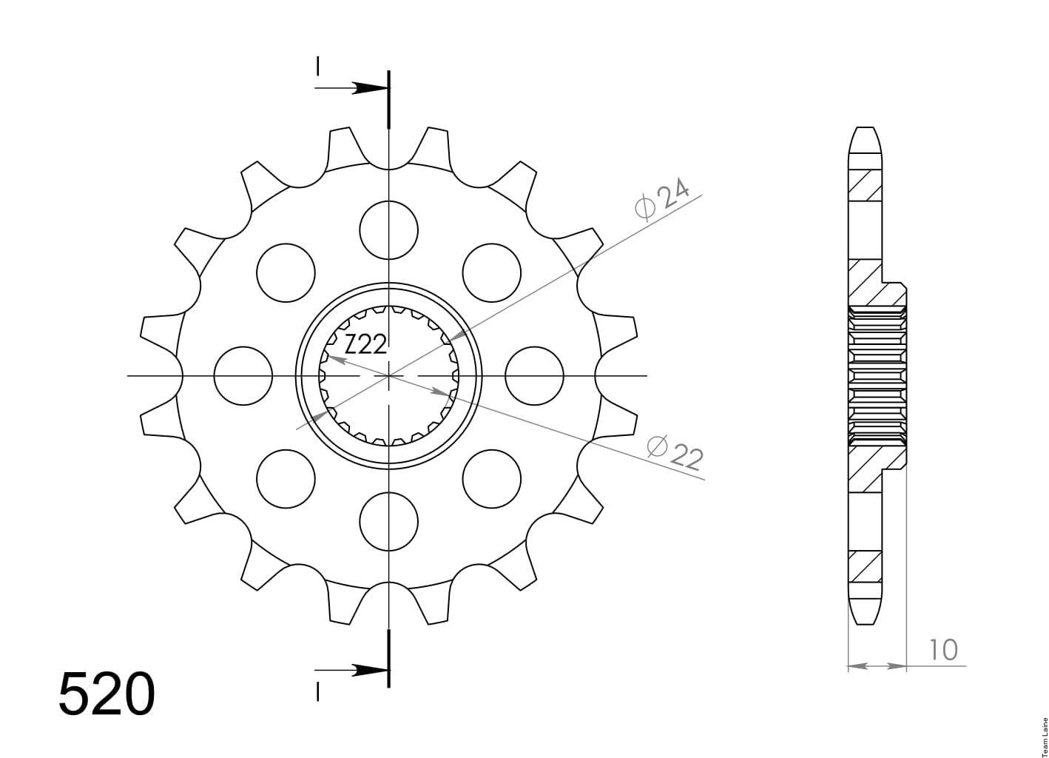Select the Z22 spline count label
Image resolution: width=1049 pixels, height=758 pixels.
365,344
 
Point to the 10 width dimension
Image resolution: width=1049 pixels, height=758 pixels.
943,650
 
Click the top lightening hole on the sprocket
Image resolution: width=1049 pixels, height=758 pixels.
388,230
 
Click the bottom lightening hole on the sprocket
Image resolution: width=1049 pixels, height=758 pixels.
388,521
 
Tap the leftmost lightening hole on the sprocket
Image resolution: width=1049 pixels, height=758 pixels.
243,376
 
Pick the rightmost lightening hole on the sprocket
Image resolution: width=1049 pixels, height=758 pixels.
534,376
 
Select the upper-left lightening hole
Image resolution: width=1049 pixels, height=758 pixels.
286,272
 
